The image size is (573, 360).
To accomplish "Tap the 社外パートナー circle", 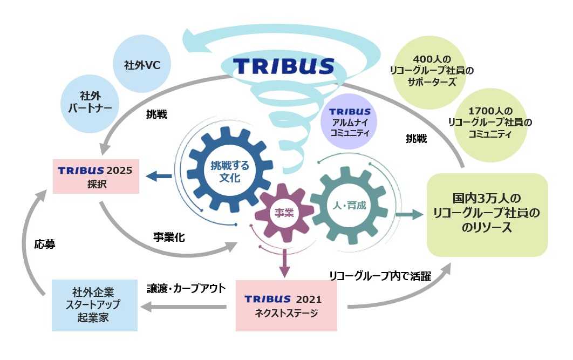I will tap(90, 101).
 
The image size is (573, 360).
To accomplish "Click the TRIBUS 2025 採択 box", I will tap(95, 176).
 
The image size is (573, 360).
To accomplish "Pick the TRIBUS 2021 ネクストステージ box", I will tap(286, 305).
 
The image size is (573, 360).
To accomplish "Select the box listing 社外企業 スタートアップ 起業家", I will tap(94, 305).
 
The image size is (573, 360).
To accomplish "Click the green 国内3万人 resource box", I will tap(487, 214).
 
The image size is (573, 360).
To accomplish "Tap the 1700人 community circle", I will tap(490, 123).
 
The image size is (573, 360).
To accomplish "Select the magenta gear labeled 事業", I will tap(284, 213).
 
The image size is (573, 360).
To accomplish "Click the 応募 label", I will tap(45, 244).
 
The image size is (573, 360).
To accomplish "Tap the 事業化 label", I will tap(169, 236).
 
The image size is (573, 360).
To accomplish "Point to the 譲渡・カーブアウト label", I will tap(186, 288).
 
